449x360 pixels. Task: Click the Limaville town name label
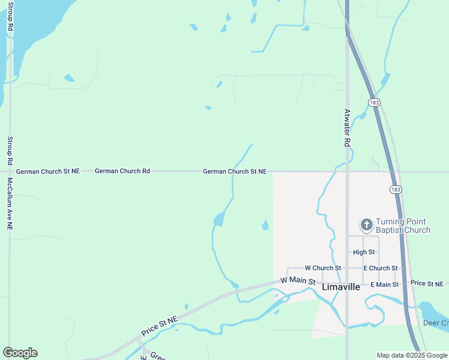pos(341,287)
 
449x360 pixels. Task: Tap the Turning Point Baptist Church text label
pos(403,226)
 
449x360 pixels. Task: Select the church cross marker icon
pos(366,225)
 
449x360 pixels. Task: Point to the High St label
pos(364,253)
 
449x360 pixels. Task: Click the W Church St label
pos(323,268)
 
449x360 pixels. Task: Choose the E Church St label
pos(381,268)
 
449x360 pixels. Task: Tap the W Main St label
pos(298,280)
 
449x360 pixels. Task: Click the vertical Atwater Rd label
pos(347,128)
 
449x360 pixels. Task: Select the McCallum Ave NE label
pos(10,204)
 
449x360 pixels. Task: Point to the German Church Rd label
pos(122,171)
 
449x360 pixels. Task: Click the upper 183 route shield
pos(375,103)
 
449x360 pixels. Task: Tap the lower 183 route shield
pos(395,189)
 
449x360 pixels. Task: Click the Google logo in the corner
pos(20,353)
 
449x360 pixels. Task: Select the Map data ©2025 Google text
pos(412,355)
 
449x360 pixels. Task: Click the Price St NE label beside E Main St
pos(427,283)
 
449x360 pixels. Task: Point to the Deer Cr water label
pos(436,323)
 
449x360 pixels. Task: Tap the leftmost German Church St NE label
pos(47,171)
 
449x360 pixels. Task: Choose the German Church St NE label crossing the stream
pos(234,171)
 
